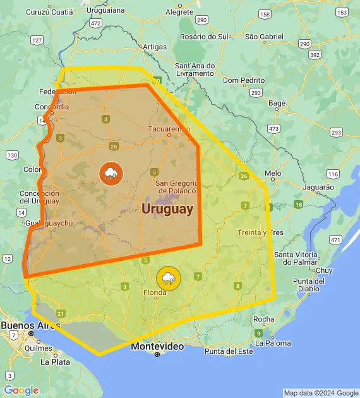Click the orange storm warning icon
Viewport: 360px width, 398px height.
click(x=111, y=173)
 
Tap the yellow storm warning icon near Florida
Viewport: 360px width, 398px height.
click(x=168, y=278)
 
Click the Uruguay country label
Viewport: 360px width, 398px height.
click(x=167, y=209)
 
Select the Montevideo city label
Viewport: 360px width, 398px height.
click(x=157, y=347)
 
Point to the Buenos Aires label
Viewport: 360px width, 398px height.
click(x=26, y=325)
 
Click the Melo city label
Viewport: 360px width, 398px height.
click(x=273, y=172)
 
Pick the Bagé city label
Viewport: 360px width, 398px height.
click(x=277, y=102)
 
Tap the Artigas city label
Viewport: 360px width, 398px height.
click(x=155, y=47)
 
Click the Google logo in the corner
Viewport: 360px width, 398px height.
click(x=21, y=390)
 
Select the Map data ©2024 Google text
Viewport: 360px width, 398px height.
click(x=320, y=393)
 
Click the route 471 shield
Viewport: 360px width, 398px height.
click(x=335, y=240)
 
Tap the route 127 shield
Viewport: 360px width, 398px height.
click(x=37, y=40)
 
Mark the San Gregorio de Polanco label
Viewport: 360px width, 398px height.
click(x=177, y=186)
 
